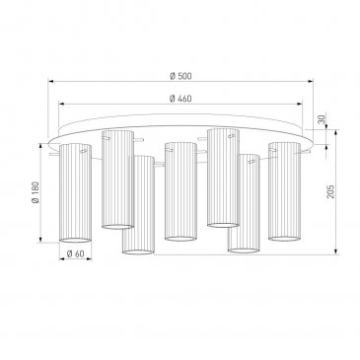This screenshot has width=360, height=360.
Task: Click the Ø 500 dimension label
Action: (x=180, y=76)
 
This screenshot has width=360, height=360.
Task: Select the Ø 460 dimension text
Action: (x=180, y=99)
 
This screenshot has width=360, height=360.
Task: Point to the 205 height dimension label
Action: (x=330, y=191)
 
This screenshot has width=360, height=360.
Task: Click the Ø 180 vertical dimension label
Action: (x=36, y=192)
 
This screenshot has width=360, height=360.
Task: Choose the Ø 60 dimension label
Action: (x=75, y=253)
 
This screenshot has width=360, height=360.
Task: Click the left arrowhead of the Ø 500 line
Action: (x=50, y=81)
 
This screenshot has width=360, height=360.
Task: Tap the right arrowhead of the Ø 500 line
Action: (x=311, y=81)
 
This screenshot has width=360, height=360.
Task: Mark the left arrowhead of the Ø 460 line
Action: (x=61, y=104)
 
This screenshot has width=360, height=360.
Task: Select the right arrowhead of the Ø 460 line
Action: (x=300, y=104)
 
